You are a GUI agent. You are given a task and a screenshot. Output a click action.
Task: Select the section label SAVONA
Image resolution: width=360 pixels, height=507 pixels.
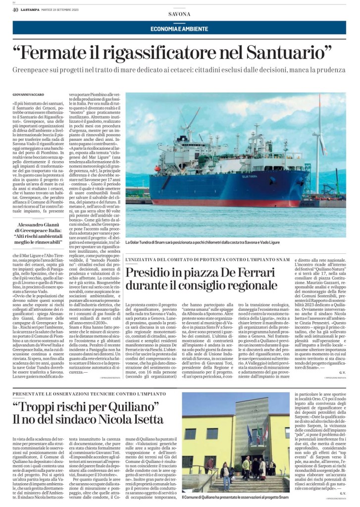point(179,14)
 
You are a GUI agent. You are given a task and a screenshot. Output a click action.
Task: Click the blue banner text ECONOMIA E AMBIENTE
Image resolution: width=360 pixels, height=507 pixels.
point(179,29)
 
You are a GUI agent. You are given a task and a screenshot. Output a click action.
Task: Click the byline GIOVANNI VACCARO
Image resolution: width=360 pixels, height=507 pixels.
point(28,94)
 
